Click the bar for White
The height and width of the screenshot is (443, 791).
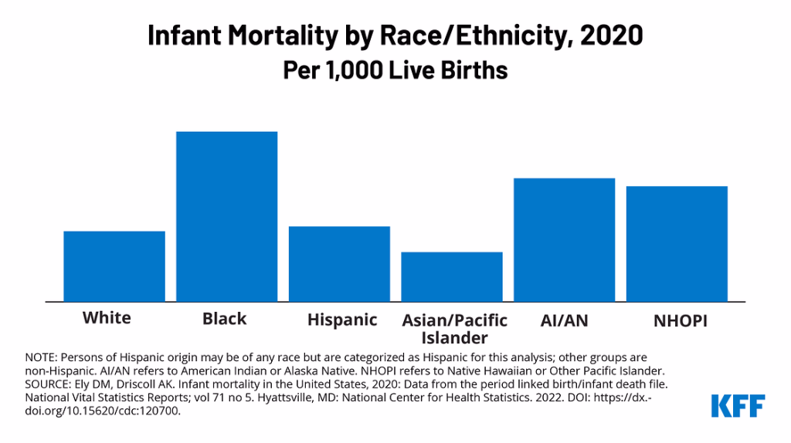(114, 266)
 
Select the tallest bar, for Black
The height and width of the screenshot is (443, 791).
(226, 216)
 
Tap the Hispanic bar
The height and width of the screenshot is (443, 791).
(339, 264)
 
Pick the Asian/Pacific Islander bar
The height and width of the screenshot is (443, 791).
(452, 276)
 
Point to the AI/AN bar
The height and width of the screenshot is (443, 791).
(564, 239)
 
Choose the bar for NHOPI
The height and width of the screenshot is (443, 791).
(677, 243)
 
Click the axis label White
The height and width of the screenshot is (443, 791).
(107, 318)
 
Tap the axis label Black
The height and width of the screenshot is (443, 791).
(224, 319)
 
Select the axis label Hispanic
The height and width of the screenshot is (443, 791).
(342, 320)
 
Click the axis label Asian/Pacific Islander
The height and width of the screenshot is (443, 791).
(454, 329)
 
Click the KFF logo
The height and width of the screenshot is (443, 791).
(738, 406)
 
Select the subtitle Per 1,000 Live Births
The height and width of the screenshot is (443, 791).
(395, 70)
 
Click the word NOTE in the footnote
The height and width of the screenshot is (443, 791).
(41, 357)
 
